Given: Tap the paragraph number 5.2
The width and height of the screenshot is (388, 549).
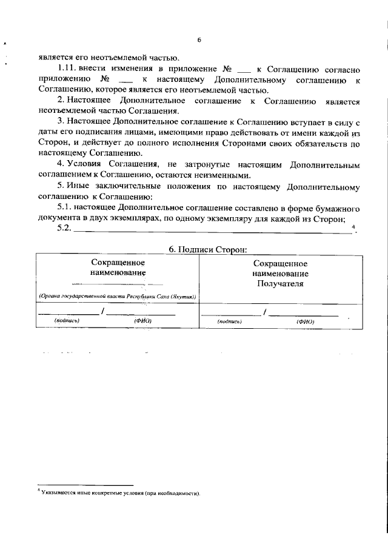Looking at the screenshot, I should tap(64, 228).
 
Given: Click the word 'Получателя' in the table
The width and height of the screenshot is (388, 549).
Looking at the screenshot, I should tap(279, 283).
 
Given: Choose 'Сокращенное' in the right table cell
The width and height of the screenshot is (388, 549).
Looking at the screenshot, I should tap(279, 263).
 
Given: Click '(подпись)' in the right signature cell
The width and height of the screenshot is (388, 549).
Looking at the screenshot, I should tap(230, 321).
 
